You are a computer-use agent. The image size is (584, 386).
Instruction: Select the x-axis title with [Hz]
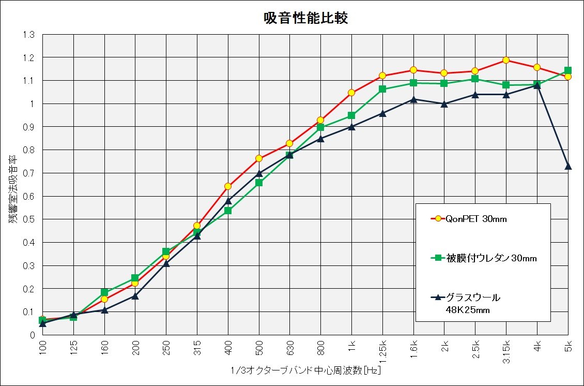(307, 371)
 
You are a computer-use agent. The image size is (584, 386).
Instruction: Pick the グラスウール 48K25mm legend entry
(472, 304)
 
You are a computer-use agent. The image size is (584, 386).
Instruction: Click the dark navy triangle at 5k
(568, 166)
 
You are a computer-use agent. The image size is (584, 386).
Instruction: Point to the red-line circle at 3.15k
(506, 60)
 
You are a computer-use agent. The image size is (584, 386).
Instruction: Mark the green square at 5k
(568, 70)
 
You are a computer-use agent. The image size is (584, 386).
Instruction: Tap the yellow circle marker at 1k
(351, 93)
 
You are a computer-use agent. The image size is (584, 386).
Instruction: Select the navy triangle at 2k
(444, 103)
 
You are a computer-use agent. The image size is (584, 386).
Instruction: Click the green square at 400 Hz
(228, 211)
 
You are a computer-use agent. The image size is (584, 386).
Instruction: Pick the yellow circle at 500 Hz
(259, 158)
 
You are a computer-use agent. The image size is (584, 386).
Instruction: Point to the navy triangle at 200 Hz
(135, 295)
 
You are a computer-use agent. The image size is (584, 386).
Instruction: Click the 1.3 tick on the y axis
(28, 35)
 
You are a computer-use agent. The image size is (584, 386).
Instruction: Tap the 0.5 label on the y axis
(28, 219)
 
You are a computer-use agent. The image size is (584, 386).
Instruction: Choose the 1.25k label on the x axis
(382, 350)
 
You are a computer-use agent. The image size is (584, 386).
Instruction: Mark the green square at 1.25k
(382, 89)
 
